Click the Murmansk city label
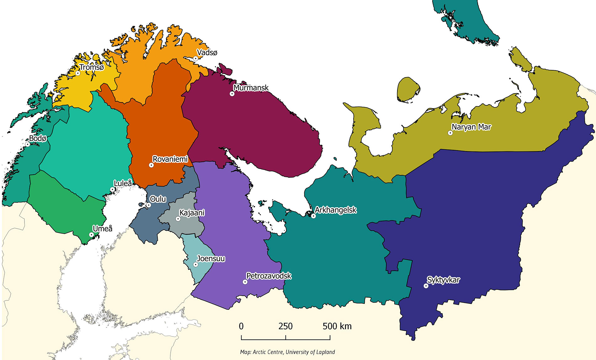tap(251, 88)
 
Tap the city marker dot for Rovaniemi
tap(151, 165)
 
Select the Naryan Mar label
tap(471, 127)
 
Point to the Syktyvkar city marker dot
tap(426, 286)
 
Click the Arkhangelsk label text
tap(336, 210)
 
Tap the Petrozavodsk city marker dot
tap(245, 282)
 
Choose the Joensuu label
tap(211, 259)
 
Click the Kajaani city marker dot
tap(178, 219)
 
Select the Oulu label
tap(158, 199)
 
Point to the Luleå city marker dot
tap(112, 189)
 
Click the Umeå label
tap(103, 229)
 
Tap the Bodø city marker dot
tap(28, 144)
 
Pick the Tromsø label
tap(92, 67)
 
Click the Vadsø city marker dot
tap(195, 58)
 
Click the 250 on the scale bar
tap(285, 326)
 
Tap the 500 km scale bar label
tap(337, 326)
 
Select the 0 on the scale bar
tap(241, 326)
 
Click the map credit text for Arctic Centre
tap(287, 352)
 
